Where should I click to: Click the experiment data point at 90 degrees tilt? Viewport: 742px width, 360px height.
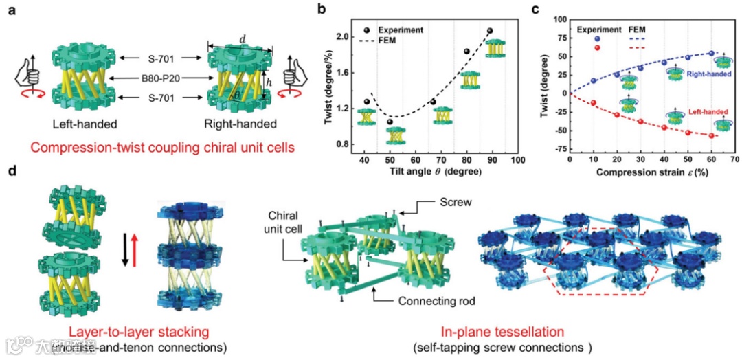click(x=490, y=31)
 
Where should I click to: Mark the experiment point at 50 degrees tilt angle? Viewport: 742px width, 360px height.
click(x=390, y=122)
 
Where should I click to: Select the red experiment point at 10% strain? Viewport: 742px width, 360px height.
click(x=594, y=103)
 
